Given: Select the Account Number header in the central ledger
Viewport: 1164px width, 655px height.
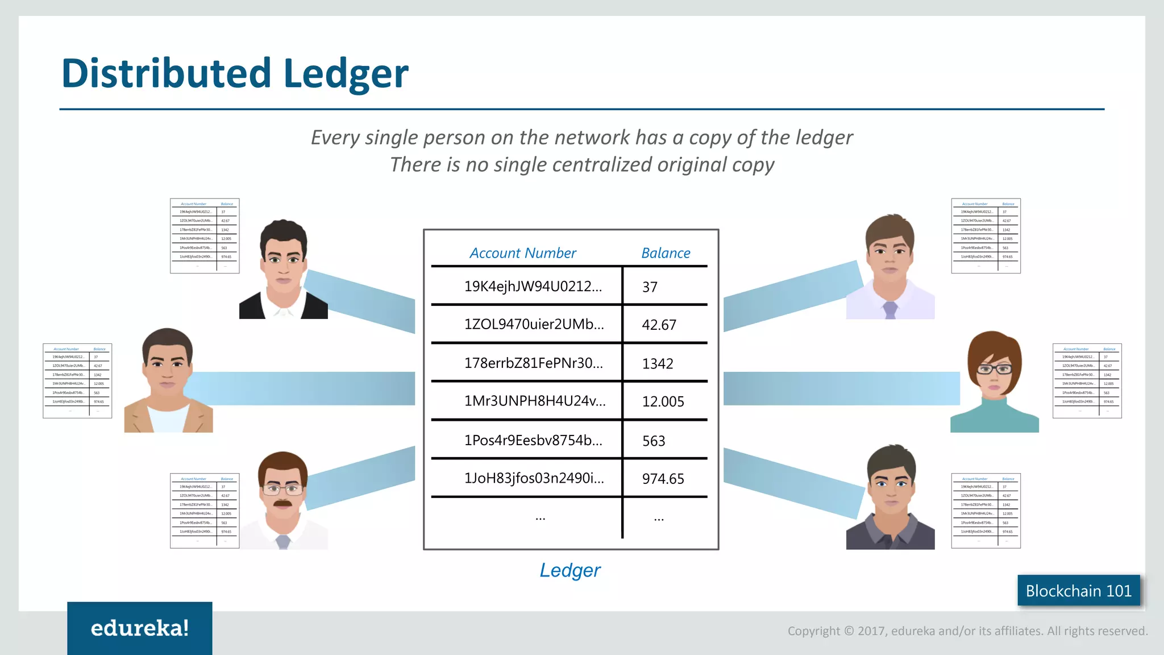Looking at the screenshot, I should tap(522, 253).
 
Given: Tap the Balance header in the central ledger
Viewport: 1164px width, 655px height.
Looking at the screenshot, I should tap(666, 253).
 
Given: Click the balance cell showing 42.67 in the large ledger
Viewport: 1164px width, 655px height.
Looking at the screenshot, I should tap(659, 325).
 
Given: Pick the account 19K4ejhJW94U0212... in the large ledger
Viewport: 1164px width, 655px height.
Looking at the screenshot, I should tap(533, 286).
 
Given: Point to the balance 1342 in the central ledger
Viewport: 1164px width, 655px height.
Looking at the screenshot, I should tap(658, 363).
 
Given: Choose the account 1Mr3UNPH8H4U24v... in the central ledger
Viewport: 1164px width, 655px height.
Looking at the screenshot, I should tap(535, 401).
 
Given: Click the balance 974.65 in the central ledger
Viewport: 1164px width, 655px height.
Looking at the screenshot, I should tap(663, 479).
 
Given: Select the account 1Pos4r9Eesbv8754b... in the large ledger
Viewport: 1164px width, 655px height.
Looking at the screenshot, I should tap(533, 440).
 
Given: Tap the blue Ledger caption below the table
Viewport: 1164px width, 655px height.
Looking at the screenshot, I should tap(569, 570).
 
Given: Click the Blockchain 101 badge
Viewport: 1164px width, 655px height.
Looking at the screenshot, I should tap(1078, 591).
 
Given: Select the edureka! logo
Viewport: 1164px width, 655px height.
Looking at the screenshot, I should tap(140, 628).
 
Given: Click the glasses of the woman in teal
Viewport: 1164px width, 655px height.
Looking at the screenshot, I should tap(994, 369).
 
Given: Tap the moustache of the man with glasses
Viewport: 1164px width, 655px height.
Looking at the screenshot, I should tap(282, 503).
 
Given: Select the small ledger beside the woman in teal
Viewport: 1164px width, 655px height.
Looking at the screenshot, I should tap(1087, 381).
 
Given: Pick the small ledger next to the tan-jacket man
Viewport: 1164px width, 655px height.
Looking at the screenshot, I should tap(77, 381).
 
